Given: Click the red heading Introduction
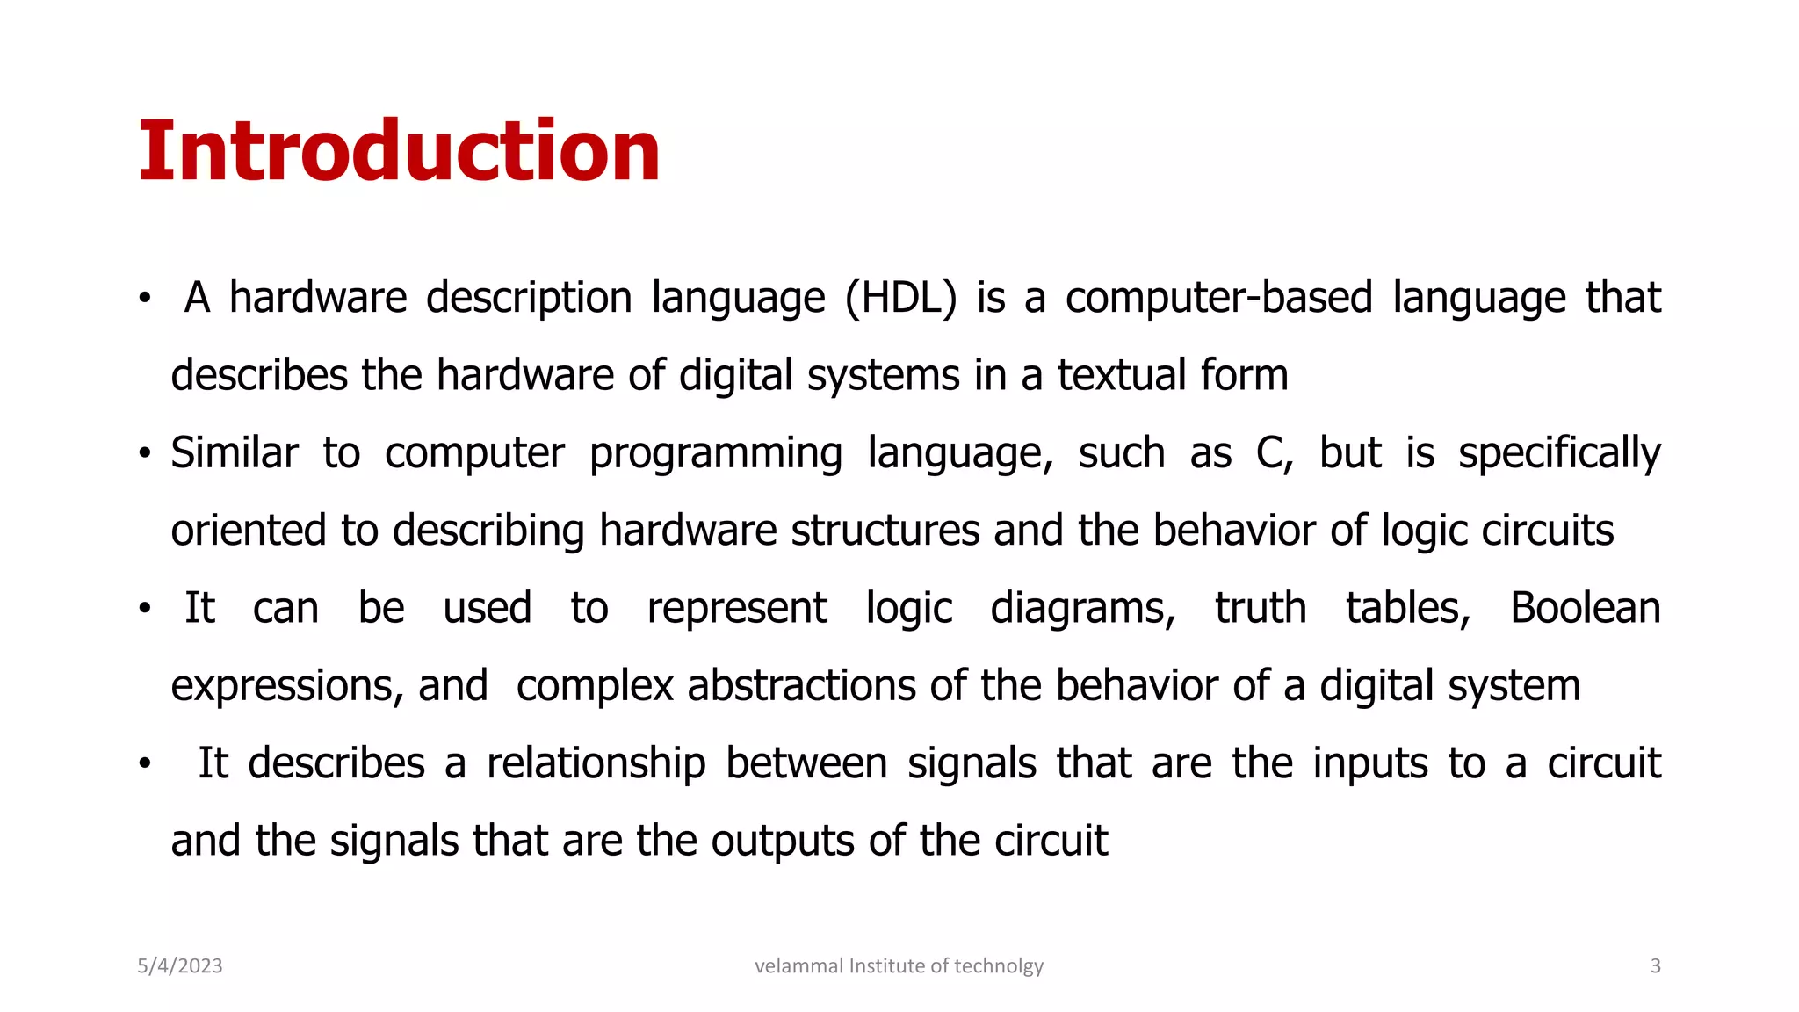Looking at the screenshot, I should (399, 151).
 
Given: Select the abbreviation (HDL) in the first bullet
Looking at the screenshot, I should (900, 298).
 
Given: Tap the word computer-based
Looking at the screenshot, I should (1218, 298).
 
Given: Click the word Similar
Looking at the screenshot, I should (235, 453).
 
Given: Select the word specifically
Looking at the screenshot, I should (1559, 454).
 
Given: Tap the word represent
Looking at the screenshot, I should (736, 609).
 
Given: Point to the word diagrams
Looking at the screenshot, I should (1082, 609).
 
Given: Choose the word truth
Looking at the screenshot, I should (1261, 608).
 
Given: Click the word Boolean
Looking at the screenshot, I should (1585, 608).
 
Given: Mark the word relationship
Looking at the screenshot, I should (596, 763).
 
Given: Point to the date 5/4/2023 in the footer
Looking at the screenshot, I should (180, 966).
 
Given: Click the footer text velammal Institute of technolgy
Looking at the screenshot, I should (899, 966).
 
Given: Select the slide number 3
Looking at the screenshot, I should (1655, 966).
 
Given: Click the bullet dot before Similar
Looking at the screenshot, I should (145, 454).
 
